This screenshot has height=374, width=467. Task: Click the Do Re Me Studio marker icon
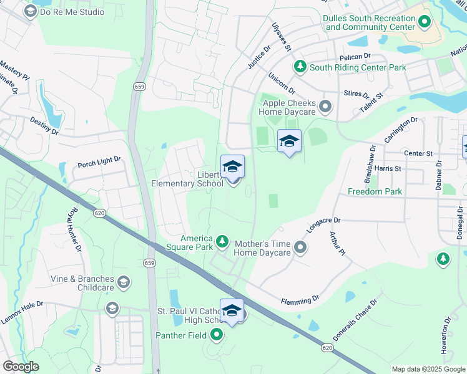point(29,11)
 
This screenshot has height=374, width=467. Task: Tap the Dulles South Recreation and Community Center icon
point(425,23)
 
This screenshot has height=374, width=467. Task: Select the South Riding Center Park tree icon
point(300,67)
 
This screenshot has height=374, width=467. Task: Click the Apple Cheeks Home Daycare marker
point(325,107)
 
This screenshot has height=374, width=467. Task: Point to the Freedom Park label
point(375,191)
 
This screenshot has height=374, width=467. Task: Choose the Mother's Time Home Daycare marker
point(300,248)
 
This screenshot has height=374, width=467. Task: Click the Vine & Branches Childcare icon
point(124,283)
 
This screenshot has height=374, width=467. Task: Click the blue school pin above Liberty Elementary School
point(232,166)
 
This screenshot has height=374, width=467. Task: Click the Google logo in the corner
point(20,367)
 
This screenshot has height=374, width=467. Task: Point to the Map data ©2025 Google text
point(428,369)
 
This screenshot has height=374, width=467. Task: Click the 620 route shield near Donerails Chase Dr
point(327,346)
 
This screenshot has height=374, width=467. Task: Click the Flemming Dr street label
point(300,301)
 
